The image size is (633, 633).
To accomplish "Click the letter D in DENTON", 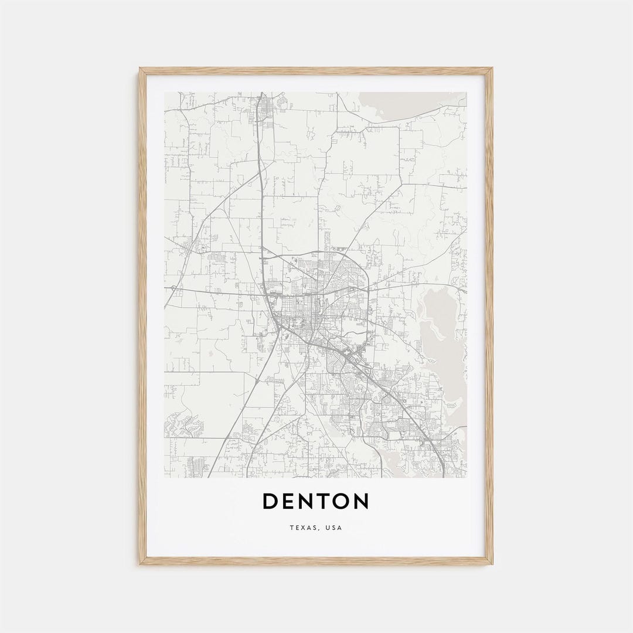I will [271, 501].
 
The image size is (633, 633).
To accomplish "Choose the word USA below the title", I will [334, 528].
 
